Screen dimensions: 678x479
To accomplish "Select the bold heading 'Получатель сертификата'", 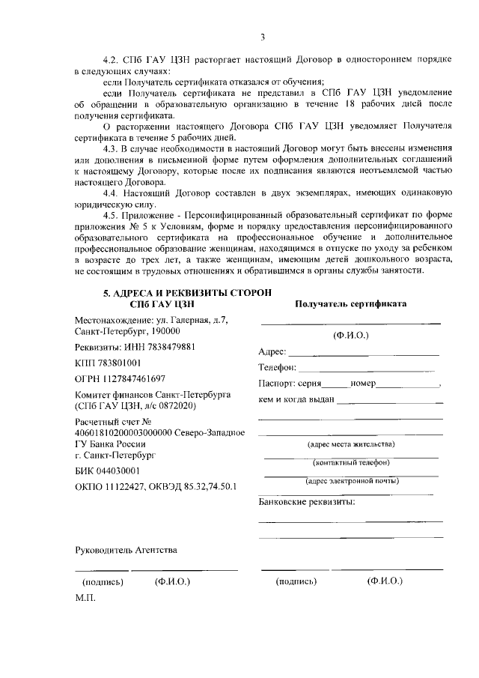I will pos(350,304).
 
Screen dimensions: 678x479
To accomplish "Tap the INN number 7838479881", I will pos(168,347).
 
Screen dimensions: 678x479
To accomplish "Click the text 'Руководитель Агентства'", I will pos(126,551).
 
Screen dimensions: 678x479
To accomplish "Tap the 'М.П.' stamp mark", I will pos(86,599).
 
